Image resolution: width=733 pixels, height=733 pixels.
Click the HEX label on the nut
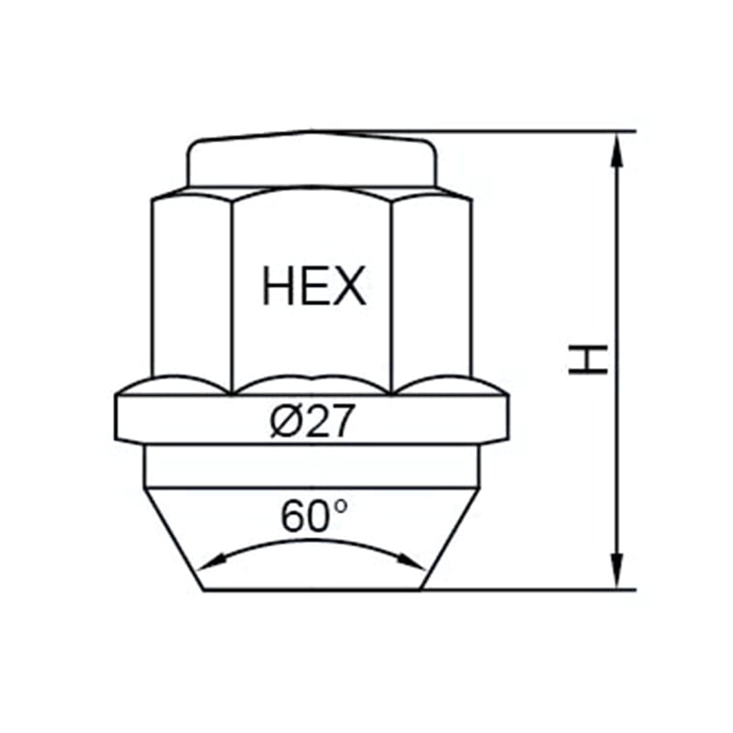[x=313, y=286]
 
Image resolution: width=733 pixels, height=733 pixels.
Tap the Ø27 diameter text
[x=312, y=421]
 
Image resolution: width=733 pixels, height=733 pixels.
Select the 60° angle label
[x=313, y=516]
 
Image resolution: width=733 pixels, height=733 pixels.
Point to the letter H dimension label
[x=587, y=359]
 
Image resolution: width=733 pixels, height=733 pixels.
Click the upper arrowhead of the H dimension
[x=618, y=149]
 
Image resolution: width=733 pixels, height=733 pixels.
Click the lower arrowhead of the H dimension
[x=618, y=570]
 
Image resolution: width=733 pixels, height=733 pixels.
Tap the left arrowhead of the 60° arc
[x=212, y=562]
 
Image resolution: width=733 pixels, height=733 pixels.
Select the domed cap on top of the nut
[x=312, y=159]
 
